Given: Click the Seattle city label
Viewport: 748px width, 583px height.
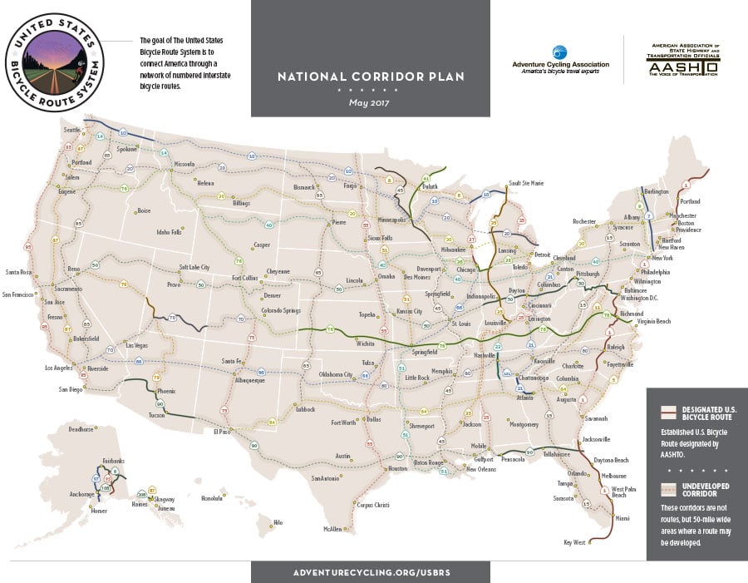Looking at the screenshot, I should tap(73, 130).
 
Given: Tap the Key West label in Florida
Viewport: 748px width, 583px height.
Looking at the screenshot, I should tap(574, 543).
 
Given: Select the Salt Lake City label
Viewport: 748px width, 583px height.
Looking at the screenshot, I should tap(194, 268).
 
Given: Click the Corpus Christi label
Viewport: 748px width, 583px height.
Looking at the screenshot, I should tap(372, 504).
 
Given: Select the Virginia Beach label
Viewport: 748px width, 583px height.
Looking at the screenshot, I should tap(653, 321).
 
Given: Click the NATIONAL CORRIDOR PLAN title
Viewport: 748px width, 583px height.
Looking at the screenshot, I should tap(371, 77).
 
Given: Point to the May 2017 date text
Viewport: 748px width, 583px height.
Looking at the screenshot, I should tap(371, 103).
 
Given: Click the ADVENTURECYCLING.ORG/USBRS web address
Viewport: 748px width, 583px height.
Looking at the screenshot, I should tap(371, 572).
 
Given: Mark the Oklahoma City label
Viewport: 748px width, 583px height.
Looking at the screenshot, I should tap(336, 374).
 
